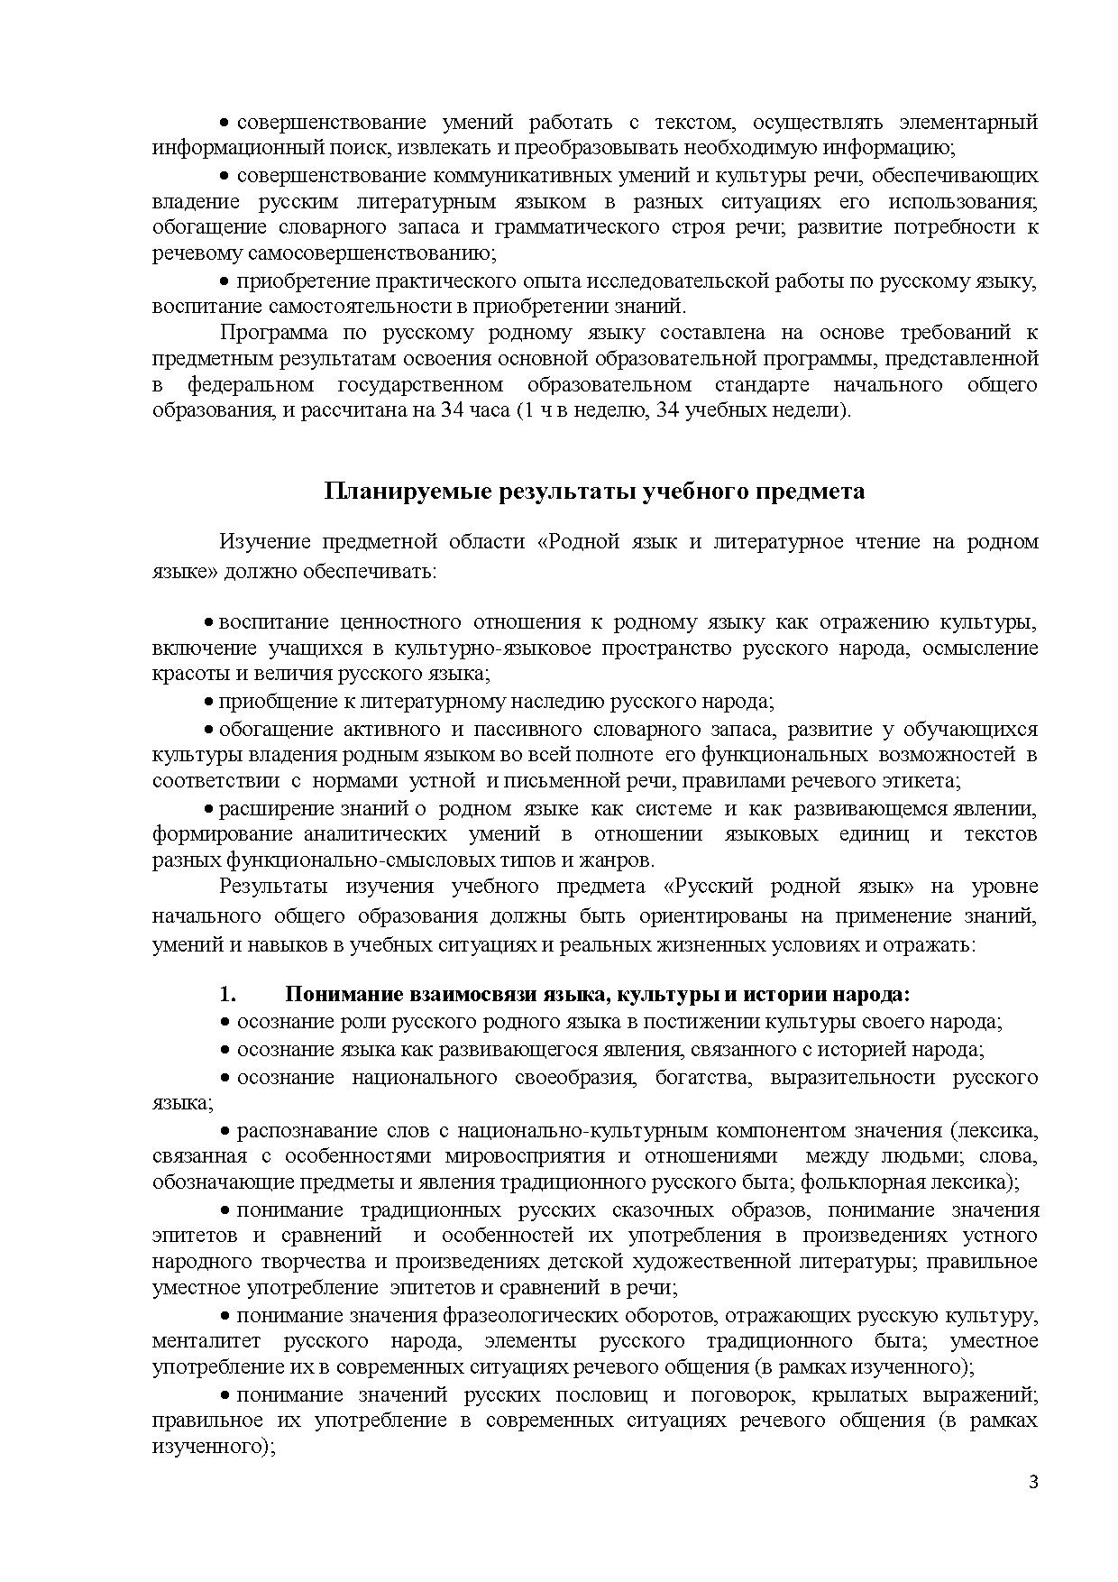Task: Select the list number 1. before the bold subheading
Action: [x=227, y=995]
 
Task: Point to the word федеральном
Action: [x=250, y=385]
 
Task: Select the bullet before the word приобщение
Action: [x=208, y=702]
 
